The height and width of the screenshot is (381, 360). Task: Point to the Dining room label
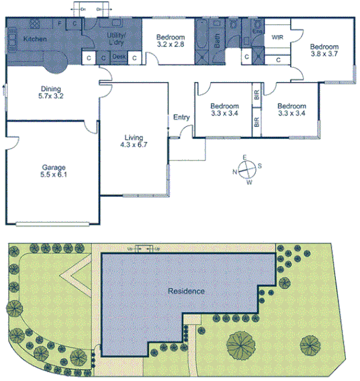tap(51, 89)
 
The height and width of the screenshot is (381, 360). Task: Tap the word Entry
tap(181, 118)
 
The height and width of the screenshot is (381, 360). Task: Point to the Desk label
tap(119, 57)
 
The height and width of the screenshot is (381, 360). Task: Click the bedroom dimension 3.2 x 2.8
tap(170, 44)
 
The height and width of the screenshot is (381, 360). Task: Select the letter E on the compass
tap(245, 157)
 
